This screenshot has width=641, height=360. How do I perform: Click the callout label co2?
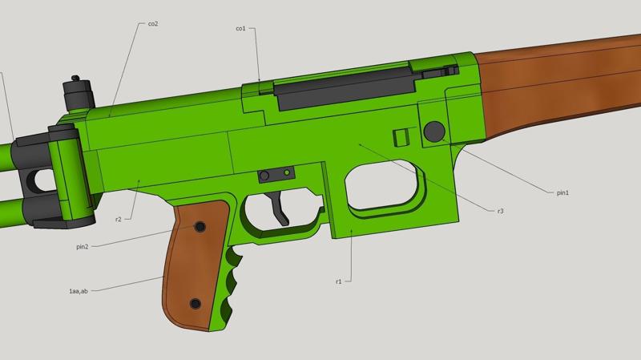(153, 24)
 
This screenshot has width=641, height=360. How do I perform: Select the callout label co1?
(241, 29)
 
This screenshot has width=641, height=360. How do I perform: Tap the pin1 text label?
(563, 192)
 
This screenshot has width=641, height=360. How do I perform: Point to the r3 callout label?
(500, 211)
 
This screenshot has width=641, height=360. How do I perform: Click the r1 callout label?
(338, 281)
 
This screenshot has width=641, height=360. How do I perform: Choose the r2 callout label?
(118, 219)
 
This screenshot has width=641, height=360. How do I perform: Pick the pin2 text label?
(83, 247)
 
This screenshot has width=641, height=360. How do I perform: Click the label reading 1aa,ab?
(79, 291)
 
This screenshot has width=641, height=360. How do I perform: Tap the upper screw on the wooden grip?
(200, 226)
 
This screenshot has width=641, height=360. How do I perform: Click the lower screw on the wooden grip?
(196, 304)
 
